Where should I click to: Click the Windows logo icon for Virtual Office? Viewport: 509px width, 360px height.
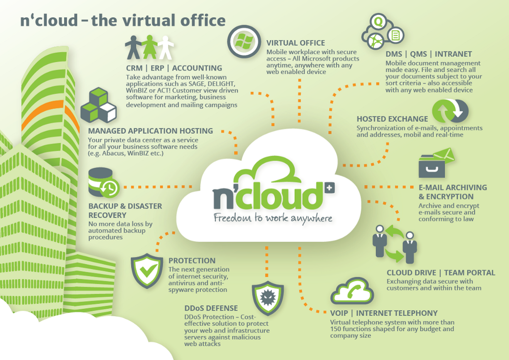244,42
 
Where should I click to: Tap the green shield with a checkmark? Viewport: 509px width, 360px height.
147,271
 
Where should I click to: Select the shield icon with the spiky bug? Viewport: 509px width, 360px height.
268,298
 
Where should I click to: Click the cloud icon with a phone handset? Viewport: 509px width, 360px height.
352,291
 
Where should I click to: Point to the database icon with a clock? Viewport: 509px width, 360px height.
104,183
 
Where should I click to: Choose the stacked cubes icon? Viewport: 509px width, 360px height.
98,105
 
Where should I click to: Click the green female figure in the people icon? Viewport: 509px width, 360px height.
149,47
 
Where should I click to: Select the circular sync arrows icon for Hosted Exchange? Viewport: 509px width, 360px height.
450,111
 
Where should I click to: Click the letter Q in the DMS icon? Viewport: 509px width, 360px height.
378,22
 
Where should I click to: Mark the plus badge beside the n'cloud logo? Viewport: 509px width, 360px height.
330,187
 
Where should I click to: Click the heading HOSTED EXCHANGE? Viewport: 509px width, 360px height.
392,119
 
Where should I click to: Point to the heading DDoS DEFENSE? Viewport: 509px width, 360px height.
211,308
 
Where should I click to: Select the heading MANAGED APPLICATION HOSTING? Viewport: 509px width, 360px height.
151,131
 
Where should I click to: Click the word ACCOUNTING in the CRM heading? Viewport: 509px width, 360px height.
197,68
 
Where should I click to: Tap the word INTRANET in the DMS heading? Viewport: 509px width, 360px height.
453,54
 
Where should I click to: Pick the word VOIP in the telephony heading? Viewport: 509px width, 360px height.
339,313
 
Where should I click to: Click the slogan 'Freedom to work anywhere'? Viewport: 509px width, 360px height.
273,218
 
